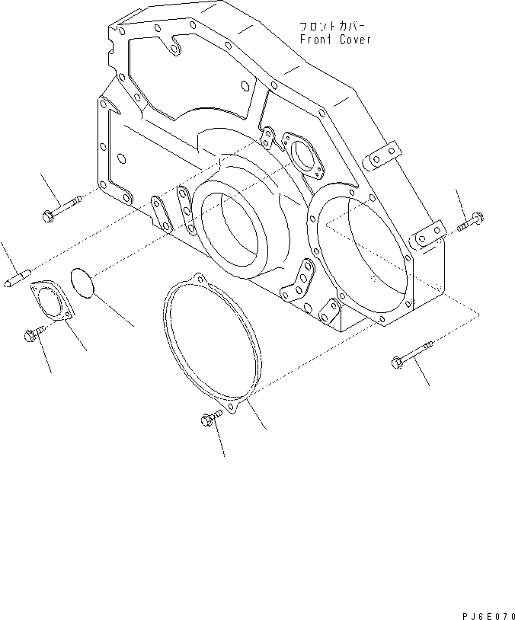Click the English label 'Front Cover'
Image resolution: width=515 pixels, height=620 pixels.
click(x=335, y=40)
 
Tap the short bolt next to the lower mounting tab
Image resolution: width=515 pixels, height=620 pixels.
click(x=468, y=223)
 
